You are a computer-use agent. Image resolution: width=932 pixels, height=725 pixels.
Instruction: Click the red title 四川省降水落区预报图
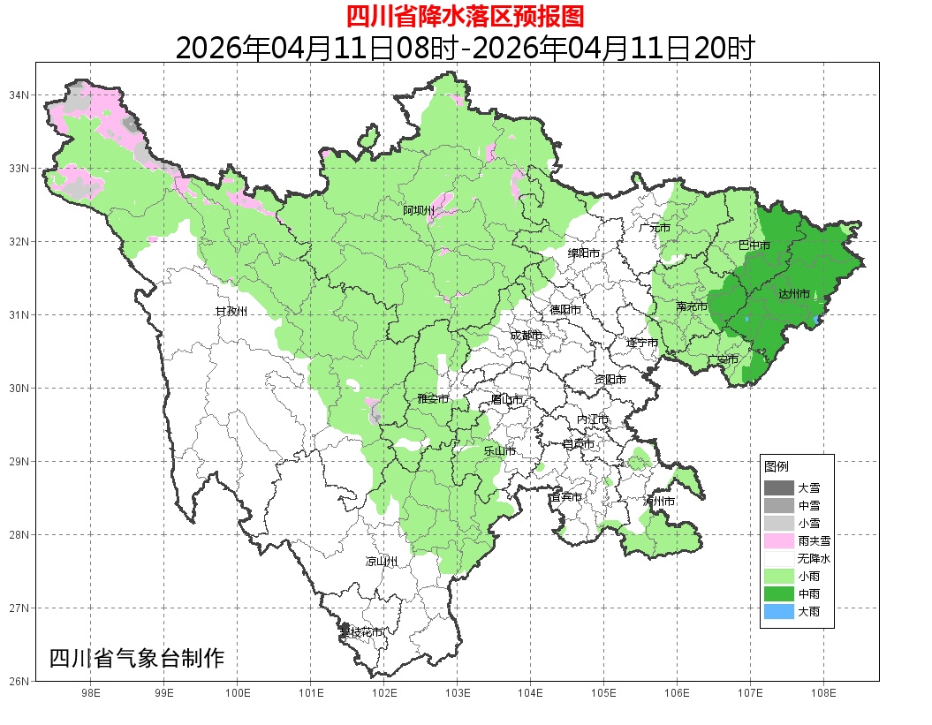click(x=465, y=16)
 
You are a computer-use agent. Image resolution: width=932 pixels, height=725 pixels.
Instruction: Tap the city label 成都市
click(x=527, y=335)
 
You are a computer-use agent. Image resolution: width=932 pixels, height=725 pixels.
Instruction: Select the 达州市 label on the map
click(x=795, y=294)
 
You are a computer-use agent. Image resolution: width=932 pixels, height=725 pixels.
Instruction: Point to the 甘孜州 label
click(x=231, y=312)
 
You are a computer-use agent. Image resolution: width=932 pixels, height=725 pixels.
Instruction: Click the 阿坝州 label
click(x=419, y=210)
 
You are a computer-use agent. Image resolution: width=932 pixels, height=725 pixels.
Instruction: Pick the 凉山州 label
click(x=382, y=562)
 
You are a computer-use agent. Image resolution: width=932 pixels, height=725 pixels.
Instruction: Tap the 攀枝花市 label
click(x=362, y=632)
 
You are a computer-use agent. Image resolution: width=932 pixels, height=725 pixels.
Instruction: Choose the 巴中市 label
click(x=754, y=245)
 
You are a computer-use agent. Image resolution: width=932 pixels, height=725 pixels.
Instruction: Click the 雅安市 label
click(x=433, y=399)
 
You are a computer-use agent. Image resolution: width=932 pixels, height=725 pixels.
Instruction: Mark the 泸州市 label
click(x=659, y=501)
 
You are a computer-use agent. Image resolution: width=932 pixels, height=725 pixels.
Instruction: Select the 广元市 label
click(x=655, y=228)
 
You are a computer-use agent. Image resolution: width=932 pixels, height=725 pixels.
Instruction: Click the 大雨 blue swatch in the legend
click(x=778, y=612)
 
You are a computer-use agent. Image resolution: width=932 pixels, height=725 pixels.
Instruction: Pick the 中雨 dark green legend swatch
click(x=778, y=594)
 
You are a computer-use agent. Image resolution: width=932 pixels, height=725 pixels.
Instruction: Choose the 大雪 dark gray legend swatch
click(x=778, y=487)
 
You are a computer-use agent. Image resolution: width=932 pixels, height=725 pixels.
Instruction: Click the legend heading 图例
click(x=777, y=466)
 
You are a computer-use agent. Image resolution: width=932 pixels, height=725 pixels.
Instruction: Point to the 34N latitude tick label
click(x=19, y=94)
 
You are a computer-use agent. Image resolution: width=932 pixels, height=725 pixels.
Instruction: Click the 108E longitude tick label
click(x=823, y=693)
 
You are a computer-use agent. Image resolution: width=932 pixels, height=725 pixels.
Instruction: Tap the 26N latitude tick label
click(x=19, y=681)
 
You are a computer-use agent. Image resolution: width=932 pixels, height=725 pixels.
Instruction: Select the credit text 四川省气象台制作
click(x=137, y=659)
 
